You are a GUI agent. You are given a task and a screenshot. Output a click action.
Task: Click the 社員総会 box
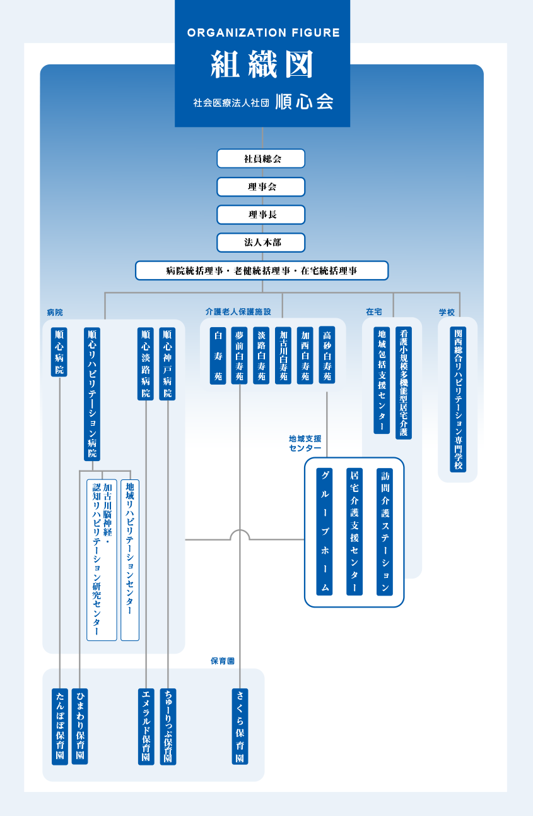tap(261, 159)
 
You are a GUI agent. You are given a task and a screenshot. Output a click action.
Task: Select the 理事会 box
tap(261, 186)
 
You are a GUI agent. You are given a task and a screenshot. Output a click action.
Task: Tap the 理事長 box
tap(261, 215)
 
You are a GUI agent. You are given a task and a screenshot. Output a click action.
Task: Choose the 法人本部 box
tap(261, 243)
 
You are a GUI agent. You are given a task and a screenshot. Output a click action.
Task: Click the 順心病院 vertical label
tap(59, 352)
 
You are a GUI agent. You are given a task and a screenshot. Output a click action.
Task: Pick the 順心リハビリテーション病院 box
tap(92, 394)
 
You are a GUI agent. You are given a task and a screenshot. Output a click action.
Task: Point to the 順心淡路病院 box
tap(146, 364)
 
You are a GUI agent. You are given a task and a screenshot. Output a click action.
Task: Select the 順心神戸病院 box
tap(167, 364)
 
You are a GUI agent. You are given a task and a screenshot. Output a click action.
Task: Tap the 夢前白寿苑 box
tap(240, 356)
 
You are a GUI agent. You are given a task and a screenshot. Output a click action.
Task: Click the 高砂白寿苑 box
tap(327, 355)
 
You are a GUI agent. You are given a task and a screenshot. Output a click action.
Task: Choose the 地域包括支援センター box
tap(382, 380)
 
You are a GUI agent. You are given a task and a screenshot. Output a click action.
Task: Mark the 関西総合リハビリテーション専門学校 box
tap(458, 399)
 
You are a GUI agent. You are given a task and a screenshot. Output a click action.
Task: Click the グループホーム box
tap(324, 532)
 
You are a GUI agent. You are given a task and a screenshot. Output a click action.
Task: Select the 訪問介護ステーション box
tap(385, 532)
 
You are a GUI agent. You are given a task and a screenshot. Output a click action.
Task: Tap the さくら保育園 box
tap(240, 726)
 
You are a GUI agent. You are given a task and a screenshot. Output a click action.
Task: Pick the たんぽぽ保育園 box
tap(60, 727)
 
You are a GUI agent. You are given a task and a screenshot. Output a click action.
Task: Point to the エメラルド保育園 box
tap(146, 727)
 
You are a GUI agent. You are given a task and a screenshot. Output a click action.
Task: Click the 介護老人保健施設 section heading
tap(238, 312)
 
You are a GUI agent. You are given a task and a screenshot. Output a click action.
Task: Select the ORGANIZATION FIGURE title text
tap(264, 33)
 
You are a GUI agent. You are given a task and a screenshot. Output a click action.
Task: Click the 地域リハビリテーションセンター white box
tap(130, 560)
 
